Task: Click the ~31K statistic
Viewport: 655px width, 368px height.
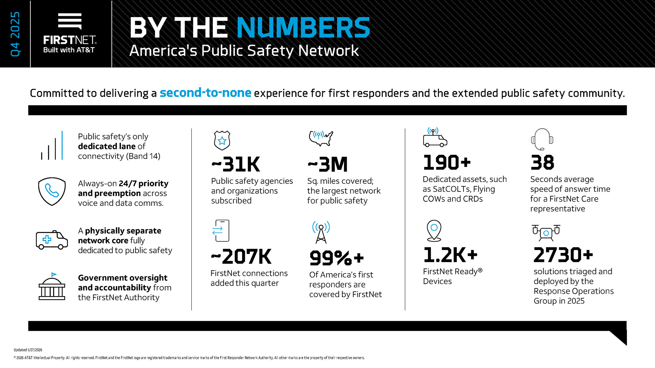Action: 236,164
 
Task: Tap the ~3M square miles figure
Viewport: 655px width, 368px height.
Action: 328,164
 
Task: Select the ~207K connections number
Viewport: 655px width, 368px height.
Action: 241,257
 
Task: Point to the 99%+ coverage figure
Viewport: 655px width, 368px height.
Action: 337,258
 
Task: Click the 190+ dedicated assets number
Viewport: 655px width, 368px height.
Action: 447,163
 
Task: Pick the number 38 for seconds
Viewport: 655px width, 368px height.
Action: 542,163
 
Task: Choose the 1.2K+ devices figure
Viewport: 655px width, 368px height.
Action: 450,255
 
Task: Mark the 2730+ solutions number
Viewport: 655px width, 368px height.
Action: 563,255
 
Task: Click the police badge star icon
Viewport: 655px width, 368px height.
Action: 222,140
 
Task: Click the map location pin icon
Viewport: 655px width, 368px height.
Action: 434,230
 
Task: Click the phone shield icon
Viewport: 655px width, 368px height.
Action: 52,191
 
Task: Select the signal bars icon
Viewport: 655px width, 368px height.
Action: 52,146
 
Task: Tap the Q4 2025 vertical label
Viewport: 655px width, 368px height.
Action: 15,34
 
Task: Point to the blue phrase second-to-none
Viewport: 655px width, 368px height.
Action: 205,93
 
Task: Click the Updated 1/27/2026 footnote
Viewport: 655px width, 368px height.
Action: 28,350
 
